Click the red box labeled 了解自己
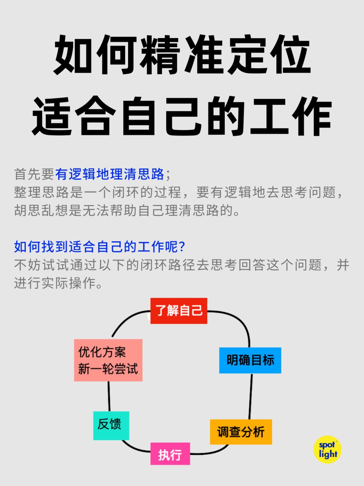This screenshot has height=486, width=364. coord(179,311)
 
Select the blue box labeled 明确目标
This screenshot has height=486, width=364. coord(250,360)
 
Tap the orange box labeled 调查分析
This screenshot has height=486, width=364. coord(241,432)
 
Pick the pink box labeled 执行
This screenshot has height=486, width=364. coord(170,454)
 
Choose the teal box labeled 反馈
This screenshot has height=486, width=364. coord(111,425)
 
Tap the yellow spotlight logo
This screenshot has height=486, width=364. coord(327,450)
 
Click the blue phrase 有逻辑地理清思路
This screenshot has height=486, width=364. coord(110,174)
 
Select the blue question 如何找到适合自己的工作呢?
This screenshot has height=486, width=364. coord(99,247)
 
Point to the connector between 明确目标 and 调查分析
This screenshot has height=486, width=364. coord(250,396)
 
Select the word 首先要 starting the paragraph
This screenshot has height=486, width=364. coord(34,174)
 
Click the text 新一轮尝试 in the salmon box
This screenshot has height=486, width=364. coord(108,369)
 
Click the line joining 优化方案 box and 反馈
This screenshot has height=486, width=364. coord(109,396)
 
